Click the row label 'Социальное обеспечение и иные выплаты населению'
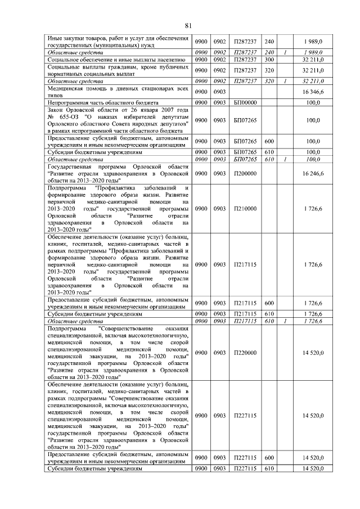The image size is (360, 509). click(117, 59)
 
